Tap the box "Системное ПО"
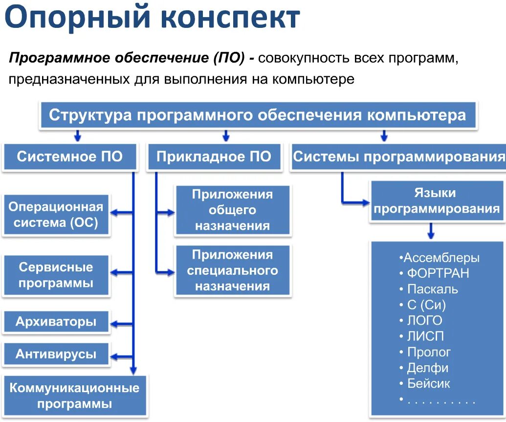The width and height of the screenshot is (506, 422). [x=69, y=157]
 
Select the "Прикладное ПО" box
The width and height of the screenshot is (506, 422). [x=214, y=157]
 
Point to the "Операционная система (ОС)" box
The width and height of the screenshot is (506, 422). [x=56, y=215]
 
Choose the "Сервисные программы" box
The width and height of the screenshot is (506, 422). [x=56, y=275]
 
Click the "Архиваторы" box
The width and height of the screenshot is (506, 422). [x=56, y=322]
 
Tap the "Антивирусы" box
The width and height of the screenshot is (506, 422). [x=56, y=354]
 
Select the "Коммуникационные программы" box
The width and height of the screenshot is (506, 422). [x=74, y=396]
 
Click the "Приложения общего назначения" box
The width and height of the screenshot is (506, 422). [x=232, y=210]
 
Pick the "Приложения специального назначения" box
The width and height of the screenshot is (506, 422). [x=232, y=270]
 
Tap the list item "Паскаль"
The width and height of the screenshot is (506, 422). [x=432, y=289]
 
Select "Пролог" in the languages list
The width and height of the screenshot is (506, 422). [x=428, y=352]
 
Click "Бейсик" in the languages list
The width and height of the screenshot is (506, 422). [x=428, y=384]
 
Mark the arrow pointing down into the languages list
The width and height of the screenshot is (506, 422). [x=431, y=231]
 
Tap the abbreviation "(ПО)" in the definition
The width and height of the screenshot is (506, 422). [x=228, y=59]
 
